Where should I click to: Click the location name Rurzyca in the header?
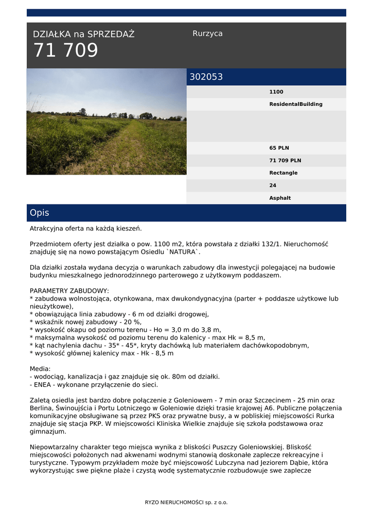coord(207,33)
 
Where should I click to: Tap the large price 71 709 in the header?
coord(65,51)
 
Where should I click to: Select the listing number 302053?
coord(206,77)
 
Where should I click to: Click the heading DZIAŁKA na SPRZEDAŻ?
coord(84,34)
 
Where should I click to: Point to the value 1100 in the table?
coord(276,92)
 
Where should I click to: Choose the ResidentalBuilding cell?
coord(296,104)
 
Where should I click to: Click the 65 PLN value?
coord(279,148)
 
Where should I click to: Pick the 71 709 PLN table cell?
coord(286,160)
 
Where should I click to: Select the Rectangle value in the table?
coord(283,173)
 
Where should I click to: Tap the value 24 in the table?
coord(273,185)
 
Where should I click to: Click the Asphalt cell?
coord(280,198)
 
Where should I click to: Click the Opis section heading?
coord(40,213)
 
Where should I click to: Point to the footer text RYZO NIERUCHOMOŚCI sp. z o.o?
coord(186,502)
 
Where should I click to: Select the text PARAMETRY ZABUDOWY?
coord(69,291)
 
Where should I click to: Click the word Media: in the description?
coord(40,369)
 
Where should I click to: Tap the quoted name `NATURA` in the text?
coord(183,252)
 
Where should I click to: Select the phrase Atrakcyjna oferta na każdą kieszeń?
coord(85,228)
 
